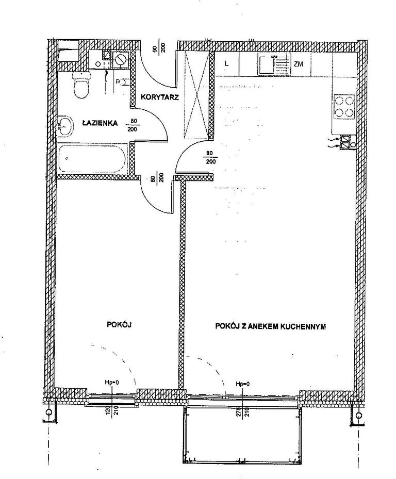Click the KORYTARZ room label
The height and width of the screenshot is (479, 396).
click(159, 97)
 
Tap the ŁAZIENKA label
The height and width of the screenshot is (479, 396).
click(100, 123)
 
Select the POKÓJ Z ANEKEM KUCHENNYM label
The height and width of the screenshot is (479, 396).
click(270, 326)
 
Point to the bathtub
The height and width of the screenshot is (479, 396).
click(92, 159)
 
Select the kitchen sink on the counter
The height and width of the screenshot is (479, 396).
click(266, 64)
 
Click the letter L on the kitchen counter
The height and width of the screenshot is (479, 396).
click(226, 63)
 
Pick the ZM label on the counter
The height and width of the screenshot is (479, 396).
click(298, 64)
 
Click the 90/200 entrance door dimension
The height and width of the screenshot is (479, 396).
click(160, 48)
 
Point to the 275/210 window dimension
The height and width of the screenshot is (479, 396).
click(244, 412)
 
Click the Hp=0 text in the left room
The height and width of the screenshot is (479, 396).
click(112, 382)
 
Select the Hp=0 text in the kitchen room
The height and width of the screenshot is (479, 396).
click(243, 384)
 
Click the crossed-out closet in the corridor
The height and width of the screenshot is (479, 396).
click(196, 95)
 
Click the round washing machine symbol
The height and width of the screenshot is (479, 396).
click(120, 60)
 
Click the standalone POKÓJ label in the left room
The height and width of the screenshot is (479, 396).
click(119, 324)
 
